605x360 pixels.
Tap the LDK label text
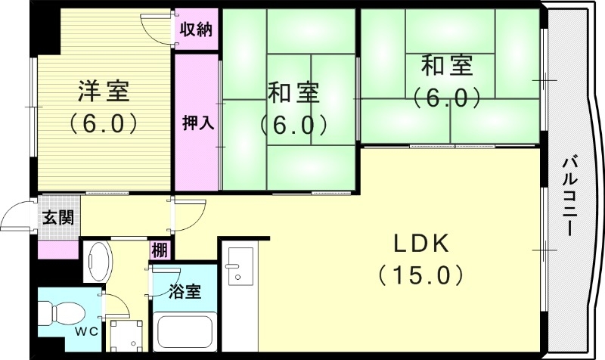tap(420, 244)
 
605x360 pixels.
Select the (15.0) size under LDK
tap(420, 274)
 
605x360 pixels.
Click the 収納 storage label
tap(196, 30)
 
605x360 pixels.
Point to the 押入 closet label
tap(197, 123)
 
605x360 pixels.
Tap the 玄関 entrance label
tap(58, 219)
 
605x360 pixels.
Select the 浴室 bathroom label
tap(185, 290)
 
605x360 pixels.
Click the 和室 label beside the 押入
tap(293, 93)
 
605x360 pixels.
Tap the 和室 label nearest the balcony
tap(447, 67)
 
